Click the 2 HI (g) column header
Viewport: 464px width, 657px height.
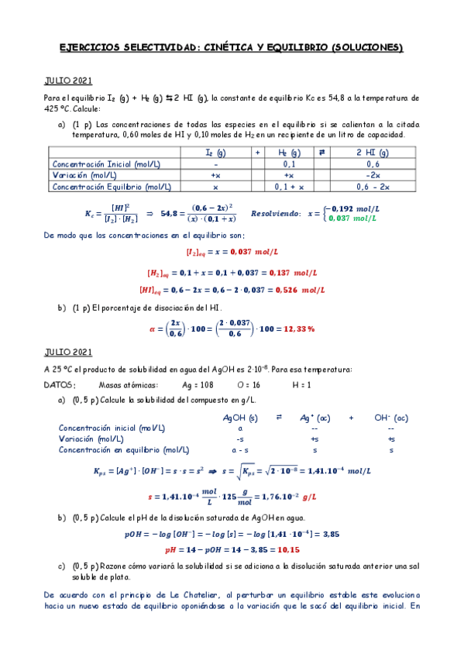pos(373,153)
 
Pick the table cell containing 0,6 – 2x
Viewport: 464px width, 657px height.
pos(373,186)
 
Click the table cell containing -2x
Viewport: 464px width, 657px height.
pos(373,175)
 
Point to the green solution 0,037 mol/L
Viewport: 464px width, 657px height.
pos(353,218)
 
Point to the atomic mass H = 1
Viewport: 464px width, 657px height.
pos(301,385)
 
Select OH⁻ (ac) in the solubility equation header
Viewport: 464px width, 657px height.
pos(390,418)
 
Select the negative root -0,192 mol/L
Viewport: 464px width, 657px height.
pos(353,209)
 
